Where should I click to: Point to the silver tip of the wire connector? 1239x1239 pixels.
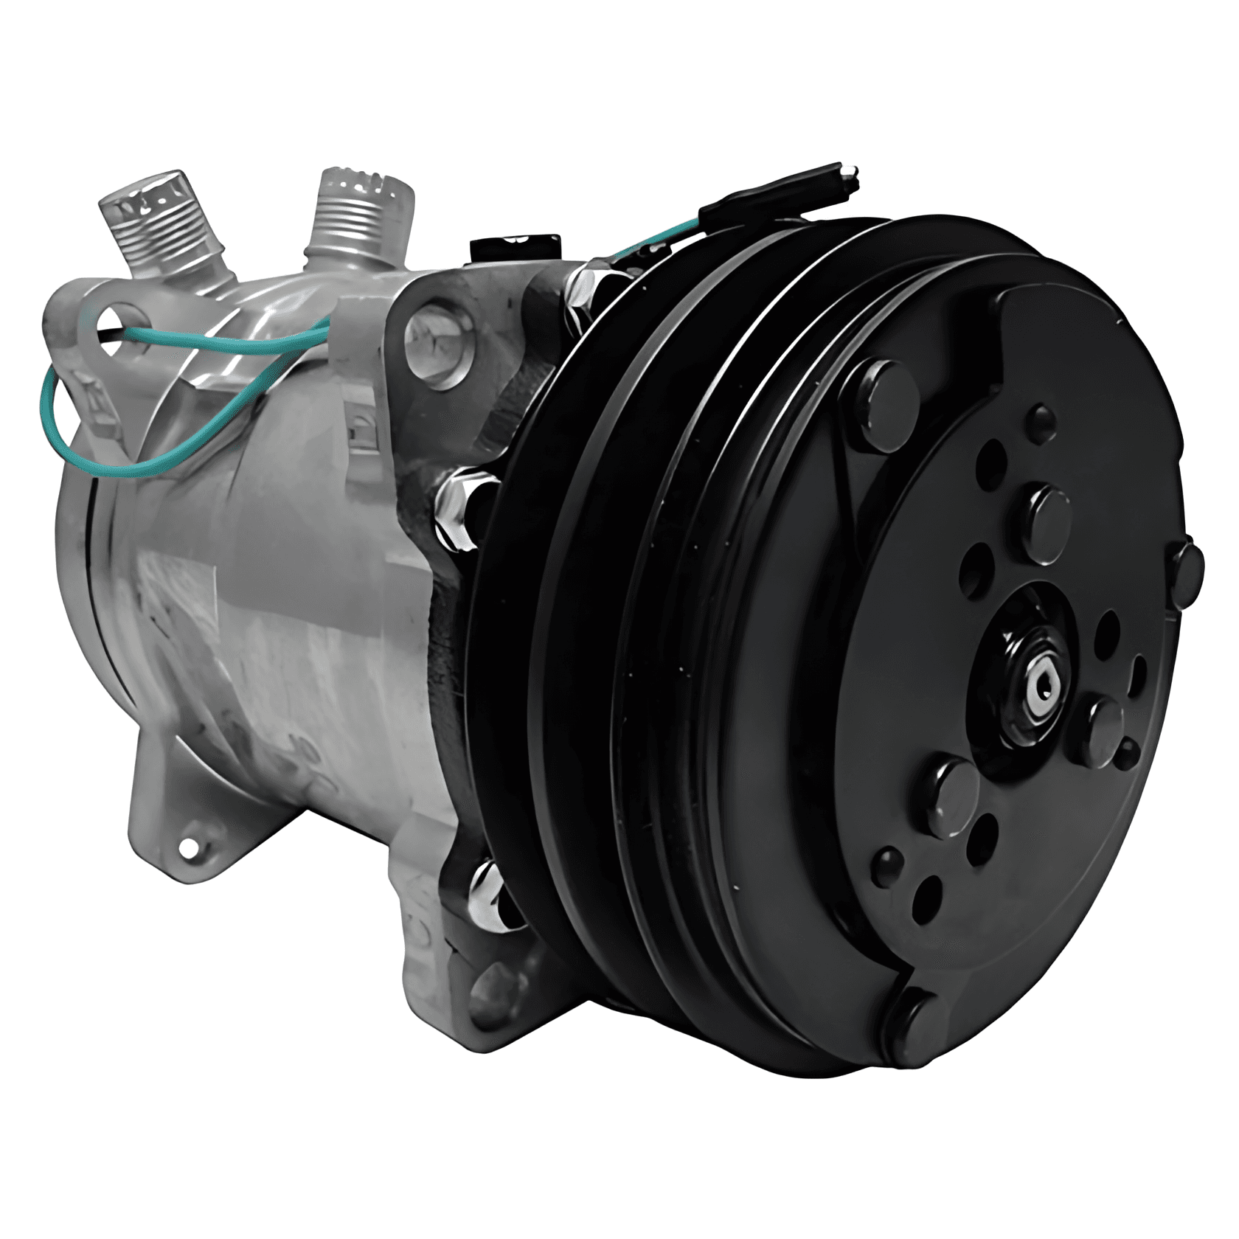(851, 174)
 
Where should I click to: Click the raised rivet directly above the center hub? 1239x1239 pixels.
(1049, 522)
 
